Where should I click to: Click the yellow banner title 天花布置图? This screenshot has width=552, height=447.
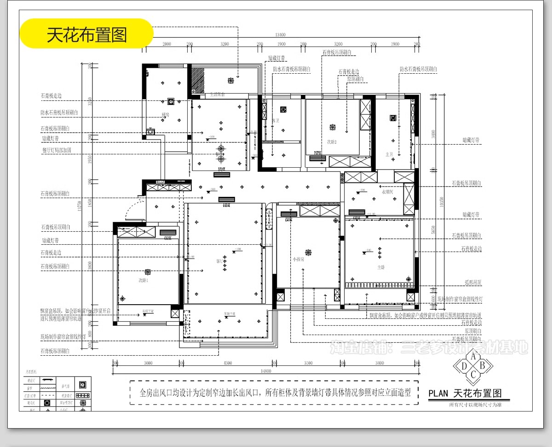click(86, 34)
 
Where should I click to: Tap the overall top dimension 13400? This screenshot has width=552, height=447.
click(280, 35)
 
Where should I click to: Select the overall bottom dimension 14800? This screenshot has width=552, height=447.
click(265, 371)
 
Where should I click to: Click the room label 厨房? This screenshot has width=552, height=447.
click(165, 115)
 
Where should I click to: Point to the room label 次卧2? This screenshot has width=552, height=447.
click(332, 142)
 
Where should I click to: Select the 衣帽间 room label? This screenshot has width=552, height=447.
click(387, 192)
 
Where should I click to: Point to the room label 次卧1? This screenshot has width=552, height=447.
click(144, 280)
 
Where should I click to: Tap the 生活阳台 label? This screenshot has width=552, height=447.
click(217, 94)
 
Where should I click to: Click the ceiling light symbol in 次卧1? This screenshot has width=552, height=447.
click(148, 272)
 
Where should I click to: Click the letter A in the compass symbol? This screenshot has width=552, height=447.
click(473, 356)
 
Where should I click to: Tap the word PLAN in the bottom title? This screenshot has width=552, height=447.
click(438, 394)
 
